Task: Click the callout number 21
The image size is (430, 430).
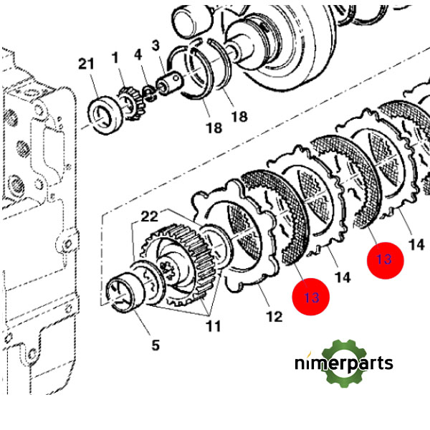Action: pyautogui.click(x=86, y=64)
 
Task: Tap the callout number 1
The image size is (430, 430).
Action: pyautogui.click(x=115, y=57)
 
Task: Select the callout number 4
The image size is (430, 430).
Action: pyautogui.click(x=138, y=54)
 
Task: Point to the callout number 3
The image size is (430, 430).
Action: pyautogui.click(x=156, y=45)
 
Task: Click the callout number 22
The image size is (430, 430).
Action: pyautogui.click(x=150, y=216)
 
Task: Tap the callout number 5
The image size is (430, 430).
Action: pyautogui.click(x=156, y=345)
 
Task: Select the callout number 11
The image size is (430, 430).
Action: pyautogui.click(x=214, y=326)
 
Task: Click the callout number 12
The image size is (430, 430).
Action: pyautogui.click(x=274, y=317)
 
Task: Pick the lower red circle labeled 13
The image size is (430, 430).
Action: pyautogui.click(x=311, y=297)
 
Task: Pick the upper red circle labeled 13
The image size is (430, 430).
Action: pyautogui.click(x=386, y=260)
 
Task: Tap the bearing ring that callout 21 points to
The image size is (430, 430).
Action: pyautogui.click(x=105, y=115)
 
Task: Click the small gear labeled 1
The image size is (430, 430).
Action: pyautogui.click(x=130, y=103)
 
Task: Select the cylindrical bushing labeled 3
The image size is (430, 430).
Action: pyautogui.click(x=169, y=82)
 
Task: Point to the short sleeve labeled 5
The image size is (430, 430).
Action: pyautogui.click(x=125, y=292)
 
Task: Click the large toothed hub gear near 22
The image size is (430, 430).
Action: pyautogui.click(x=180, y=264)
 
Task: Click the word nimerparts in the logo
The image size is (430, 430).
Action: pyautogui.click(x=344, y=363)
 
